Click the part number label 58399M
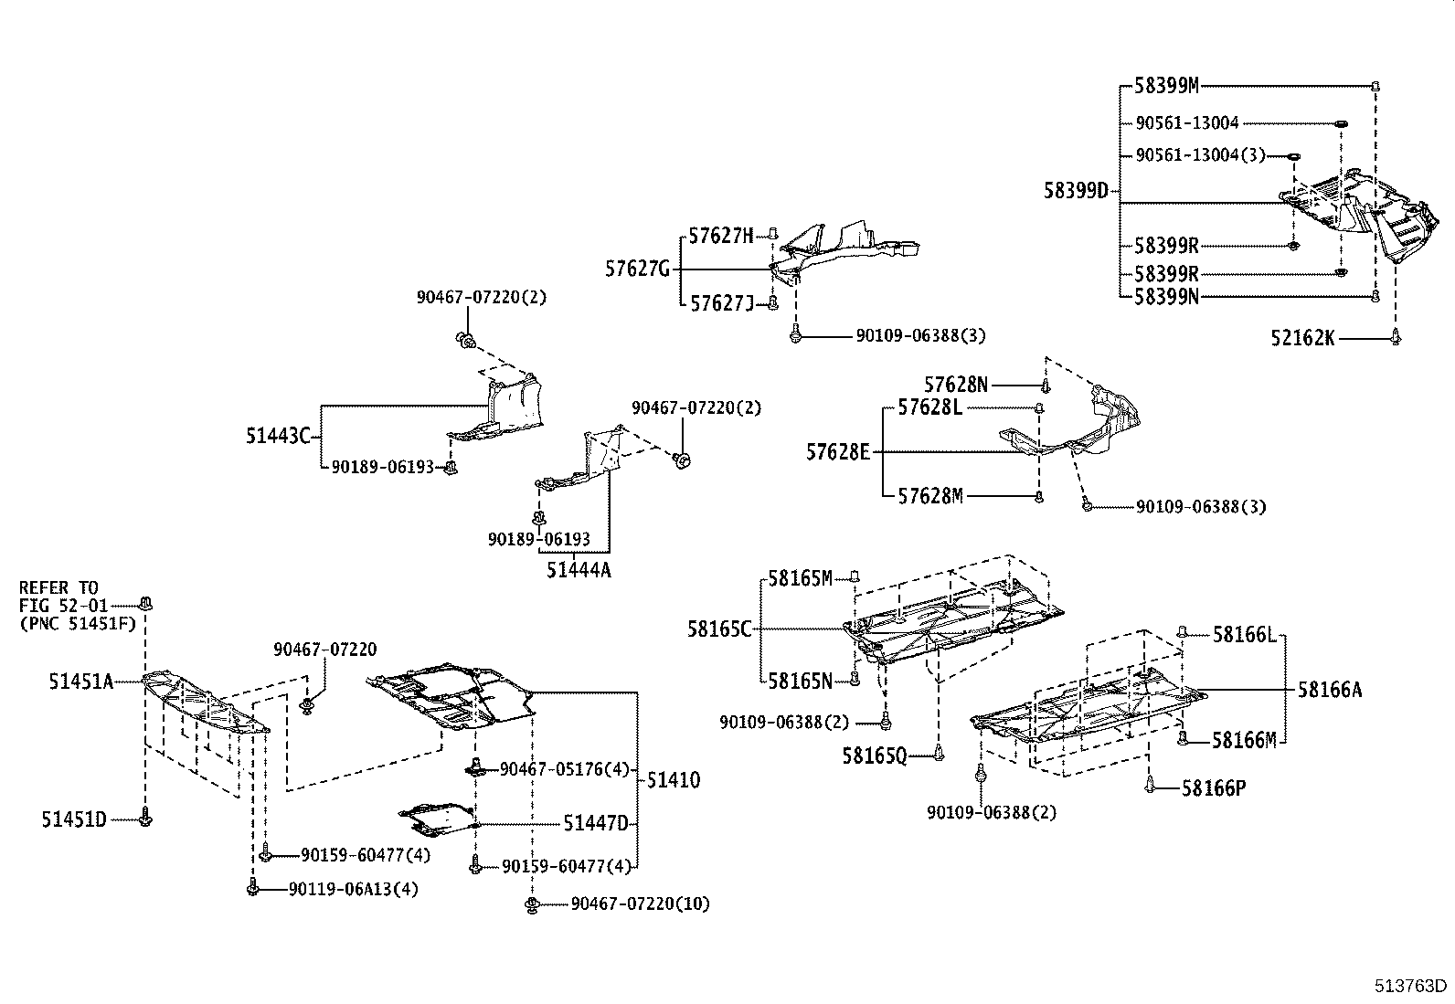(x=1166, y=87)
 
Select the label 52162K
(x=1301, y=339)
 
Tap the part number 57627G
(x=637, y=269)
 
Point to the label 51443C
(x=278, y=436)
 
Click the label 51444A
(x=579, y=571)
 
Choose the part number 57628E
(x=838, y=451)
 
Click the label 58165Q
(x=875, y=756)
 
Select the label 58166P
(x=1213, y=787)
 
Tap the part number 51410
(x=674, y=780)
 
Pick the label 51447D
(x=595, y=824)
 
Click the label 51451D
(x=73, y=819)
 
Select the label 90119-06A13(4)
(x=353, y=888)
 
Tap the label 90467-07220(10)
(x=640, y=904)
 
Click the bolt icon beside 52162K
(x=1395, y=337)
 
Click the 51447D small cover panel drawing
(x=437, y=819)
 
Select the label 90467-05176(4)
(x=565, y=769)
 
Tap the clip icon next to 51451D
(x=145, y=819)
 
